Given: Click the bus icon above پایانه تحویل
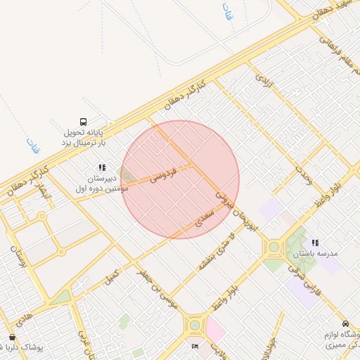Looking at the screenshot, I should tap(84, 121).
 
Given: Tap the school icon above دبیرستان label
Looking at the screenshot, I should tap(102, 168).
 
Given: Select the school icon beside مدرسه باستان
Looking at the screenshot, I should tap(315, 242).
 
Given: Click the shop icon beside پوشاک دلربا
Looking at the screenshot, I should tap(12, 337).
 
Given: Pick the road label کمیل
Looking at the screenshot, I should tap(111, 276).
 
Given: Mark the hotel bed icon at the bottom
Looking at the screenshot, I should tap(195, 346).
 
